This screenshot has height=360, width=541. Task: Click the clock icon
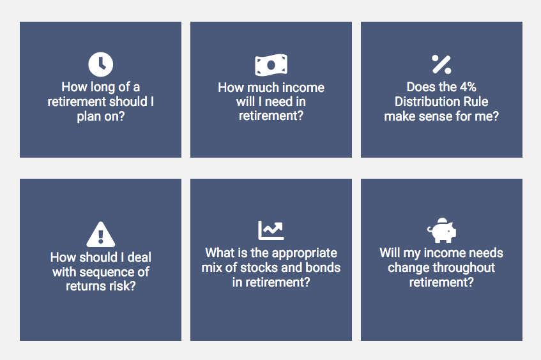(x=100, y=64)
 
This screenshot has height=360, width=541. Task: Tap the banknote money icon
(x=271, y=65)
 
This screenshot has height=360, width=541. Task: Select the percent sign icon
(x=441, y=64)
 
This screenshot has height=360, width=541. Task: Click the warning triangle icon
(x=100, y=234)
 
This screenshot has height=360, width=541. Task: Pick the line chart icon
(x=271, y=230)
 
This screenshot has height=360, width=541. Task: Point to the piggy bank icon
(x=441, y=230)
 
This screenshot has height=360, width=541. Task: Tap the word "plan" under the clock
(x=89, y=117)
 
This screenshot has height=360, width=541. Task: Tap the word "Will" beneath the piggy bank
(x=390, y=253)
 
